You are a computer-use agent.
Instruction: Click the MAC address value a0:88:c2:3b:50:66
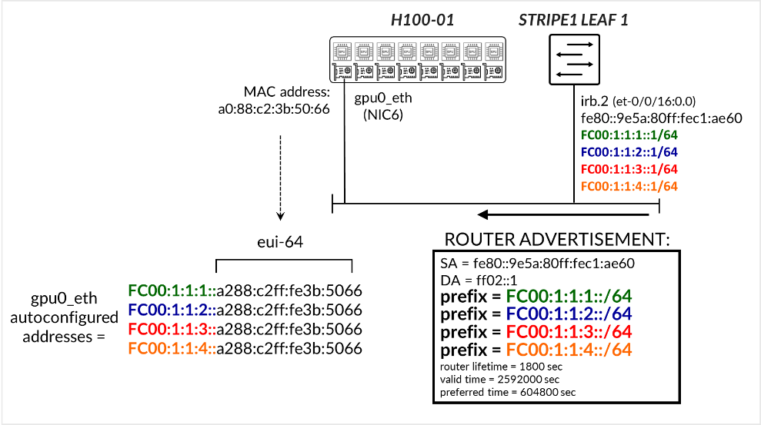click(x=274, y=108)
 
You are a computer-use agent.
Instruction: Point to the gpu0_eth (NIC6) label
click(x=379, y=107)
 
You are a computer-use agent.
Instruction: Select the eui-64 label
click(x=279, y=242)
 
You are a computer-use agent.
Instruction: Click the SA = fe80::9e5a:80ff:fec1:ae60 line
click(x=537, y=263)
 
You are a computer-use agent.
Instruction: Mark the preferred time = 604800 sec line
click(x=507, y=393)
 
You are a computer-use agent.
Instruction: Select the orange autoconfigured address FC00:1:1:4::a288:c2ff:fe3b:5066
click(x=245, y=348)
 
